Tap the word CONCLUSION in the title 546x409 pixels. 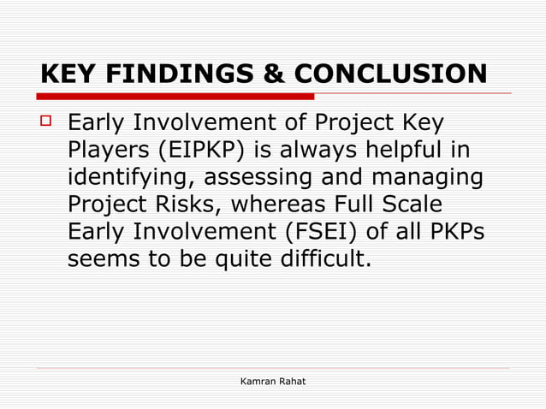pyautogui.click(x=391, y=75)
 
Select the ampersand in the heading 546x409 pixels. pyautogui.click(x=275, y=75)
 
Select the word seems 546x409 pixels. pyautogui.click(x=105, y=259)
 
